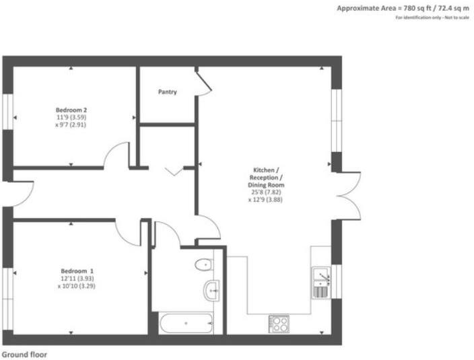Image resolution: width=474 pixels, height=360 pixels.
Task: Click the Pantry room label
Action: [168, 92]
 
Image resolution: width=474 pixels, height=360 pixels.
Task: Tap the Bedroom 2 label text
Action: [71, 109]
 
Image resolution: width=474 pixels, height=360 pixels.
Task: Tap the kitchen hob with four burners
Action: [279, 324]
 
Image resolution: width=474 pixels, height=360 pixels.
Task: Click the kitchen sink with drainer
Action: [320, 282]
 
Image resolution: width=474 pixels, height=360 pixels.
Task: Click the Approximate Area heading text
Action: [401, 8]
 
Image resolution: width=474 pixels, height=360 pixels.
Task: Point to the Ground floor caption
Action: [24, 353]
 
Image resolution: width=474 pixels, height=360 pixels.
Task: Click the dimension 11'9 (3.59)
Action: [71, 117]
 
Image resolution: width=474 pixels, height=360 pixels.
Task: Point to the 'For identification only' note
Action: [430, 17]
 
